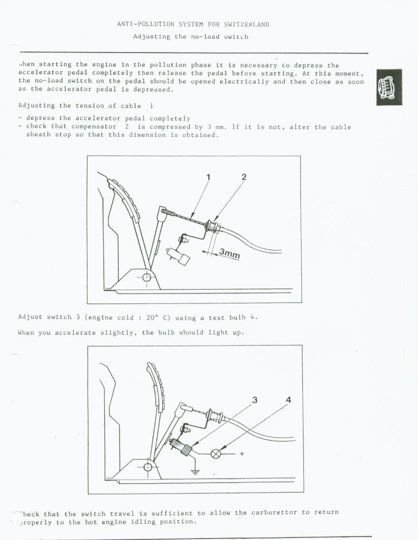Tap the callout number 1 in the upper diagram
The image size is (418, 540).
[208, 177]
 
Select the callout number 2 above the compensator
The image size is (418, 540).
[244, 177]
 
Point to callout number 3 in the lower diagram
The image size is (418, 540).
[254, 400]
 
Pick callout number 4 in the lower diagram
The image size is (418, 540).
[288, 400]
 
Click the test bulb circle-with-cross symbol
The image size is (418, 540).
[216, 454]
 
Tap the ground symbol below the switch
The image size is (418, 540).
[195, 472]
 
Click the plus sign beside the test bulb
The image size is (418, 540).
[241, 454]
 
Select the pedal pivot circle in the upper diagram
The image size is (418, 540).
[147, 278]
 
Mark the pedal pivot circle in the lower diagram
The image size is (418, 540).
[148, 466]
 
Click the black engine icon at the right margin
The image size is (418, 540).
[389, 87]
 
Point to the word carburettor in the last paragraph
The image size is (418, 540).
[274, 513]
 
